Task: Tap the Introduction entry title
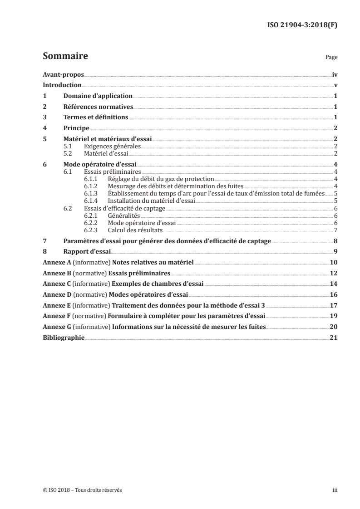point(62,85)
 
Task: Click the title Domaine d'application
point(98,96)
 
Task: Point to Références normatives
point(98,107)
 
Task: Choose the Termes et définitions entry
point(96,117)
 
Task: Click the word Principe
point(76,128)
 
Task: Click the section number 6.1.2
point(92,186)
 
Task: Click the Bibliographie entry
point(64,338)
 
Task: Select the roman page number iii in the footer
point(335,490)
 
